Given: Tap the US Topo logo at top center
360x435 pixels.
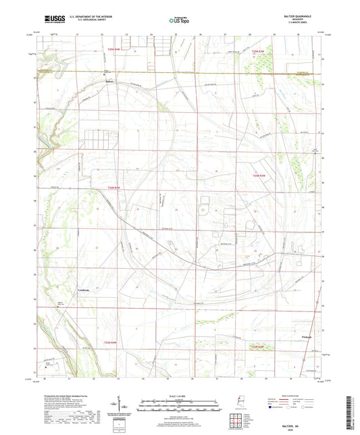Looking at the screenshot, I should click(x=179, y=21).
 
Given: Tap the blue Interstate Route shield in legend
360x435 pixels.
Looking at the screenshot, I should click(x=271, y=408).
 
